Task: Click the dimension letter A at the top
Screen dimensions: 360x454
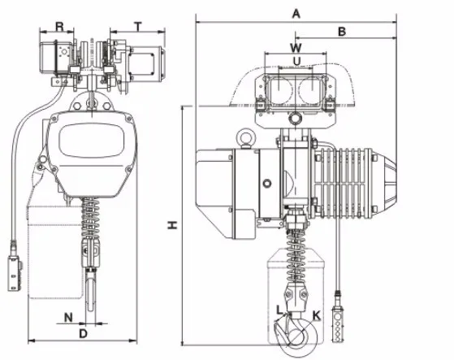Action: tap(296, 13)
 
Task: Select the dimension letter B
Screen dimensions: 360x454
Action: tap(342, 31)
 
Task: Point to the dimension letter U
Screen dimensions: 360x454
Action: tap(296, 61)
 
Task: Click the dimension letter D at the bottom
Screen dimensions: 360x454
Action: tap(83, 332)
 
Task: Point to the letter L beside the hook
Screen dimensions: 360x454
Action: tap(279, 310)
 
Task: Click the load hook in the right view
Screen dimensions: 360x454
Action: tap(294, 329)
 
